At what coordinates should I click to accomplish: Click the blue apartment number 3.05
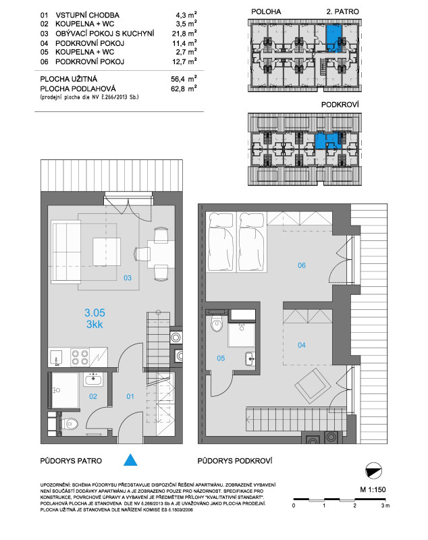tap(95, 313)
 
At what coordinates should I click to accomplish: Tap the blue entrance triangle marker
tap(130, 460)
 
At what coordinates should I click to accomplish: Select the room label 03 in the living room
tap(128, 278)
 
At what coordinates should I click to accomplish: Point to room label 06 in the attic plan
tap(302, 265)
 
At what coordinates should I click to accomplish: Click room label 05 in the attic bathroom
tap(221, 358)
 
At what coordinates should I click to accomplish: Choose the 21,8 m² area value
tap(184, 33)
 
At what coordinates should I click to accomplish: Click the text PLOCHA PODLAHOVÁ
tap(78, 88)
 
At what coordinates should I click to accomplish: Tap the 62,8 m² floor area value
tap(184, 88)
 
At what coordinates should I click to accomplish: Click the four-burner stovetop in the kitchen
tap(80, 357)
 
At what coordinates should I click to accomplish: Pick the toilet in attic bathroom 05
tap(217, 324)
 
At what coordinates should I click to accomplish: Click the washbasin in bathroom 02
tap(93, 380)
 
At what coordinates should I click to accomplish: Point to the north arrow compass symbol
tap(373, 470)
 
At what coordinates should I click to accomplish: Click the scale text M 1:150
tap(373, 489)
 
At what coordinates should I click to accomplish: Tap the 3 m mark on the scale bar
tap(385, 506)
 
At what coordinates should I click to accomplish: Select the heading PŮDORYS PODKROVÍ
tap(235, 461)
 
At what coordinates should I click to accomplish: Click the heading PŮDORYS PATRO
tap(71, 461)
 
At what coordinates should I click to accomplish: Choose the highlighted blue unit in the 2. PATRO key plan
tap(333, 38)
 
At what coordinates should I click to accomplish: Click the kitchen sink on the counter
tap(56, 358)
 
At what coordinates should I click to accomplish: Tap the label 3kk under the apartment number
tap(95, 325)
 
